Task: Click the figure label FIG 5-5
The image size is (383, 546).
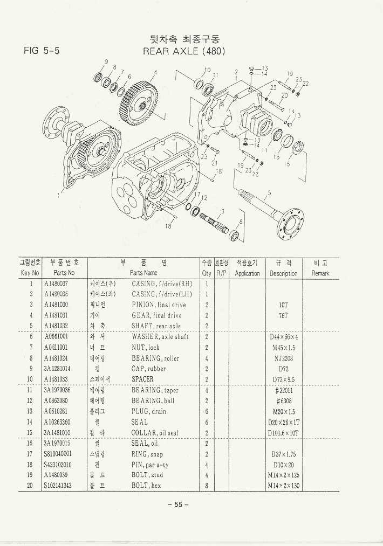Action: pos(42,51)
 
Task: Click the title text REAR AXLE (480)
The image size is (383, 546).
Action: pos(183,52)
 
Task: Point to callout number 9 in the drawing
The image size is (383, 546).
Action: pos(106,61)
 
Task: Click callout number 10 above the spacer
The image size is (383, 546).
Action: pos(207,70)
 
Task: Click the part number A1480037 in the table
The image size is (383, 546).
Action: pos(56,284)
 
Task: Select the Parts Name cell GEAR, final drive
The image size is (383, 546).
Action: pos(156,315)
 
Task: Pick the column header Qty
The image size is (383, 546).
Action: pos(207,273)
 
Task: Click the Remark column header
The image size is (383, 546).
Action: pos(320,273)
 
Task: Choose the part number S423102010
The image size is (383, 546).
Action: pos(58,465)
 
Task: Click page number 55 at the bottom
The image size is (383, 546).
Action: pos(178,504)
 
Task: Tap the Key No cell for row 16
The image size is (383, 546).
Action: pos(31,444)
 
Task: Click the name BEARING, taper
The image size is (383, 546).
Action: pos(155,390)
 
